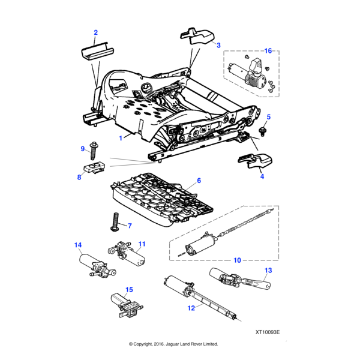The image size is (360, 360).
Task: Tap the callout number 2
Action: pos(95,31)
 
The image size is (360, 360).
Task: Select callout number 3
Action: pos(218,45)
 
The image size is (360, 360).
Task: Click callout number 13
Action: pos(268,271)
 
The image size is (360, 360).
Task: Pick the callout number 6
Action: pos(199,181)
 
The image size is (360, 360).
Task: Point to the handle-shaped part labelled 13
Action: pos(241,279)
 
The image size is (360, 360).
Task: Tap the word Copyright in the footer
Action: pos(147,344)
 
